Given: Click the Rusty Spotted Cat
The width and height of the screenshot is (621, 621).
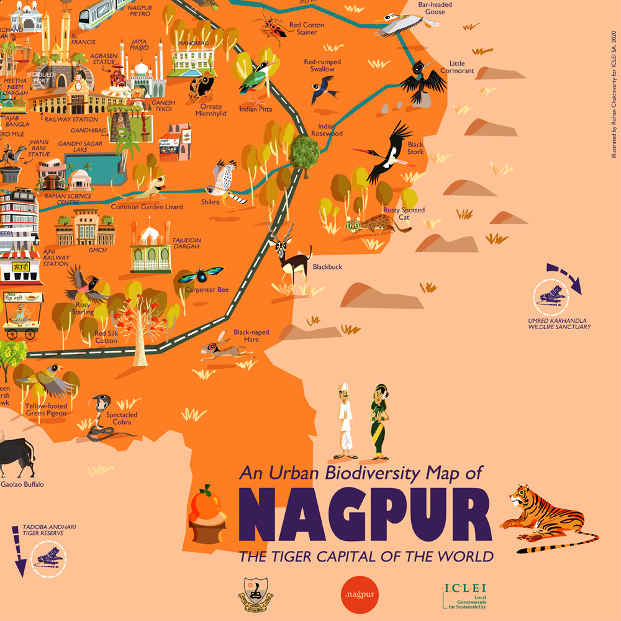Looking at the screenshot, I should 376,224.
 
